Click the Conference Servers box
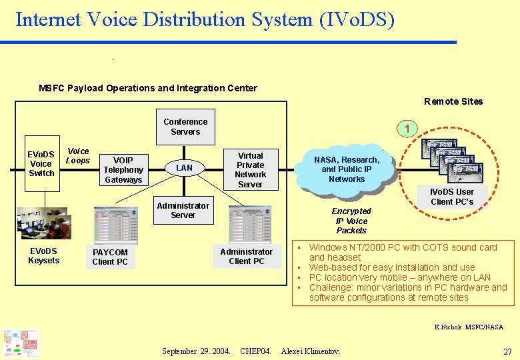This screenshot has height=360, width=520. click(185, 127)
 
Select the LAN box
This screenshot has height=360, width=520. click(184, 168)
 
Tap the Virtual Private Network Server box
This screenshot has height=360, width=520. click(250, 169)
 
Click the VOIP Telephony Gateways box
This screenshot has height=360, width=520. click(123, 170)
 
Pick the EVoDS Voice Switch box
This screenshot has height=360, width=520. click(41, 164)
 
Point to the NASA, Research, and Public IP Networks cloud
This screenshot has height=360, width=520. click(347, 169)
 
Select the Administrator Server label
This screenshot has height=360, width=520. click(183, 210)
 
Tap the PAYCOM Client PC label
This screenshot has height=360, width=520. click(110, 257)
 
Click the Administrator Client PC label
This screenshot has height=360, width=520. click(246, 257)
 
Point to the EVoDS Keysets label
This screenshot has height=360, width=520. click(43, 256)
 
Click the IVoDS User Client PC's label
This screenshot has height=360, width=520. click(452, 197)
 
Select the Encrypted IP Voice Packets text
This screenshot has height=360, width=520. click(351, 221)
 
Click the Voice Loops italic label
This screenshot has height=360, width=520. click(78, 156)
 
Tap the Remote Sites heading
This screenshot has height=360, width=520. click(453, 101)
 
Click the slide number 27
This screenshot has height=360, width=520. click(507, 351)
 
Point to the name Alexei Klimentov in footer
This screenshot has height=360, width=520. click(311, 351)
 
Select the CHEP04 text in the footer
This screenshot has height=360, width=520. click(255, 351)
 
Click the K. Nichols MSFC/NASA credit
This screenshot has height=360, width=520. click(469, 327)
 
